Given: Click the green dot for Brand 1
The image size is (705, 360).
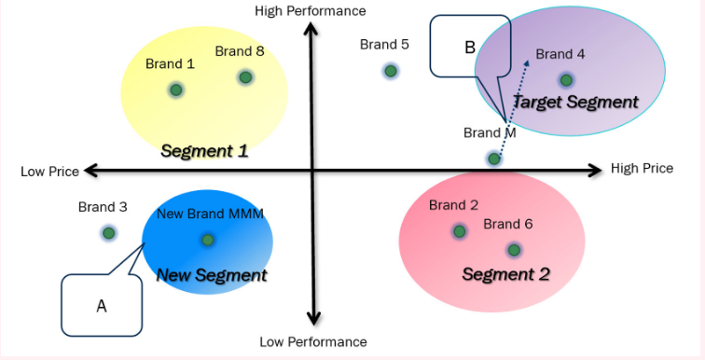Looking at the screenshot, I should point(175,90).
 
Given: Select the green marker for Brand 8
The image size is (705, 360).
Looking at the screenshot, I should point(245,76).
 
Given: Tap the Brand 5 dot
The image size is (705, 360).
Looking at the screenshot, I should point(391,71).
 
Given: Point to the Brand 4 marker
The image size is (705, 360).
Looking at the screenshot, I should point(566,80).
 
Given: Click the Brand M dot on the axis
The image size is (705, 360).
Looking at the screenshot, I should point(494,159).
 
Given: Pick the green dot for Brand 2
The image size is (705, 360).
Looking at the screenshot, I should point(459,230).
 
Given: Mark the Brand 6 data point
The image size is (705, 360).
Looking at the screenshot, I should point(514,249).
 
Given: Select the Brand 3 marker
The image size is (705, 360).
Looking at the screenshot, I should point(109,232).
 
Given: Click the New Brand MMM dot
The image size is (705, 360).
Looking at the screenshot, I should point(207,240).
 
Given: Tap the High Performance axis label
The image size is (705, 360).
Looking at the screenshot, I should point(311,10).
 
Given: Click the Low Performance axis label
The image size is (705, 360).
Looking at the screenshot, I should point(312,342).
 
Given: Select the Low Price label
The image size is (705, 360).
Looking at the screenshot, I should point(49,172).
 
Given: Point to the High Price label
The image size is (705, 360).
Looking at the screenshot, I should point(642,169).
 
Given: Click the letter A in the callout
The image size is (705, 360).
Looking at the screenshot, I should point(102,304).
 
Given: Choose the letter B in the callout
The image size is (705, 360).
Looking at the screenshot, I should point(470,47).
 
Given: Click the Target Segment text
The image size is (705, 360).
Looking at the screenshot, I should point(575,102).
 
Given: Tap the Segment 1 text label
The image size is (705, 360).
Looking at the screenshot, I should point(204,150).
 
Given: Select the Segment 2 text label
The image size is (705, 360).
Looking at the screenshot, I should point(505,274).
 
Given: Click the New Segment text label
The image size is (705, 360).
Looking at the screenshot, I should point(211,275).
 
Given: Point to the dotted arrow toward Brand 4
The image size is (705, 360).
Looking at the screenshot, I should point(514,94).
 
